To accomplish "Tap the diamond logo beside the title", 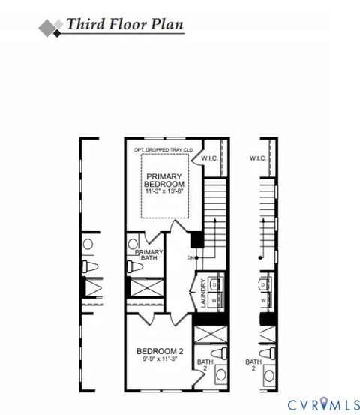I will coord(51,26).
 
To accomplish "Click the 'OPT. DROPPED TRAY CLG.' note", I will coord(163,150).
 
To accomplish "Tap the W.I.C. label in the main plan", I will coord(210,158).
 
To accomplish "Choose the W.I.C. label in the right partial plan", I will coord(259,158).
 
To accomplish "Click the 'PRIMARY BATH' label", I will coord(148,256).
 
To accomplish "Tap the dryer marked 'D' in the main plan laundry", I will coord(214,284).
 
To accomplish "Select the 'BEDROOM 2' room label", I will coord(160,351).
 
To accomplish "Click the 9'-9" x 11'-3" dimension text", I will coord(160,360).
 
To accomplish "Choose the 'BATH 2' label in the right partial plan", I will coord(253,365).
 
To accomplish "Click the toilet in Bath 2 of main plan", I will coord(218,353).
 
